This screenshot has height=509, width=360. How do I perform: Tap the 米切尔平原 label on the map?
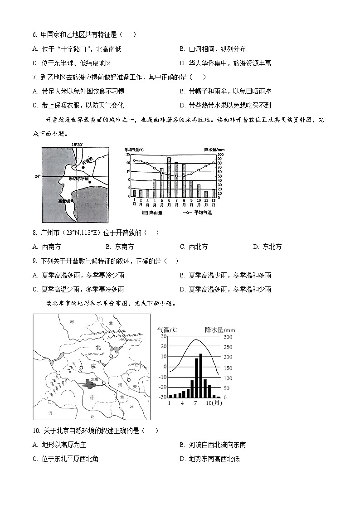pyautogui.click(x=79, y=179)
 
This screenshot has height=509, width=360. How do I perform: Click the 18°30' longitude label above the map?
pyautogui.click(x=77, y=145)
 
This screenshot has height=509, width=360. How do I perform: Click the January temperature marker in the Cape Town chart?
pyautogui.click(x=134, y=160)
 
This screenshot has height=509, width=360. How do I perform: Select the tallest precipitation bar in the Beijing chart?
pyautogui.click(x=201, y=375)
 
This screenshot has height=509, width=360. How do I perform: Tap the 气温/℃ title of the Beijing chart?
pyautogui.click(x=167, y=330)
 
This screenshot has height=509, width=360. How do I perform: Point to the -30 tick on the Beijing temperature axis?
pyautogui.click(x=161, y=397)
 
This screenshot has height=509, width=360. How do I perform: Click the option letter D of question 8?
pyautogui.click(x=256, y=247)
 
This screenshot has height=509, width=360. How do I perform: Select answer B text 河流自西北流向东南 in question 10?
pyautogui.click(x=217, y=445)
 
